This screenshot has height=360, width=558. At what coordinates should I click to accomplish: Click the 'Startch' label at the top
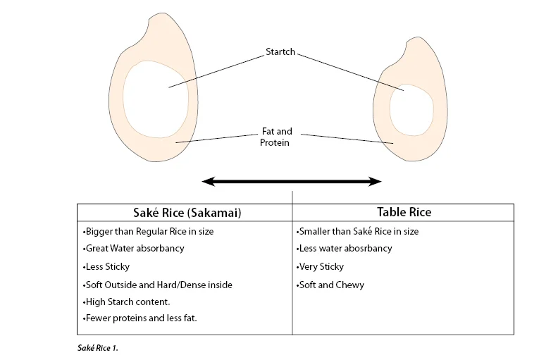tap(280, 51)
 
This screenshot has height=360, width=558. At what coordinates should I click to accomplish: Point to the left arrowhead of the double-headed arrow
tap(209, 182)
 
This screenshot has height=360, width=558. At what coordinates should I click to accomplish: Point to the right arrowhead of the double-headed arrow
tap(375, 182)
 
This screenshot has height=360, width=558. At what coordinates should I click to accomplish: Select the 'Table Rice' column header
tap(404, 212)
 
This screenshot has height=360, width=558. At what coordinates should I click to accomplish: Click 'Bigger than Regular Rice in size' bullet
tap(148, 231)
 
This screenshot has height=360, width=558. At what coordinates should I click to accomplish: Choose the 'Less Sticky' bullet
tap(106, 267)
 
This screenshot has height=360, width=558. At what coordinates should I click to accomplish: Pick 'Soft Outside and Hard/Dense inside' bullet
tap(157, 285)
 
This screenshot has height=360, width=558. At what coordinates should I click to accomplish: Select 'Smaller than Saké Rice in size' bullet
tap(359, 231)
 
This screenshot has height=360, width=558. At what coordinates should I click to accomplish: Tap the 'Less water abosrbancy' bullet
tap(345, 249)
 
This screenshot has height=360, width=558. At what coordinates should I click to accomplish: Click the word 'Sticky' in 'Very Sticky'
tap(331, 267)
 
